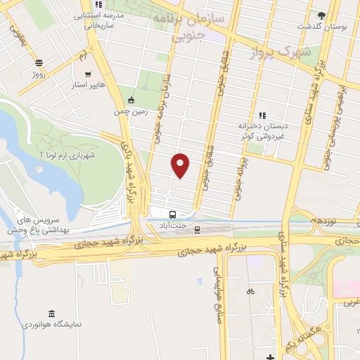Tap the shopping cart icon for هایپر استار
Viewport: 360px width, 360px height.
[x=88, y=73]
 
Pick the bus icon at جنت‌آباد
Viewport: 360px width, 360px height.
[x=173, y=213]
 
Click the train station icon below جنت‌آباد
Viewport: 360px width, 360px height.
[x=198, y=228]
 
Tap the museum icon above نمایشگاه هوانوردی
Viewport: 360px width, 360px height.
[x=50, y=313]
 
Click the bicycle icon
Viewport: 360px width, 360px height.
[x=250, y=290]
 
